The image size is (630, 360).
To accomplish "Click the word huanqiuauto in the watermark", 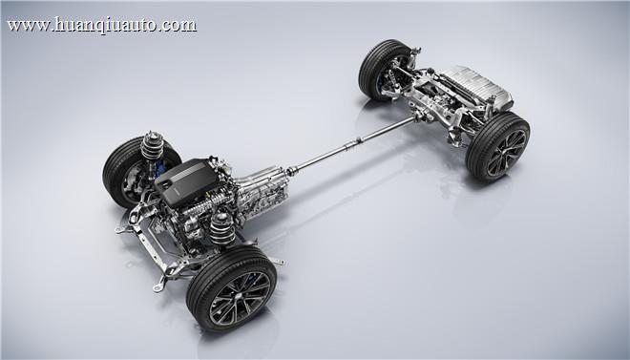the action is [104, 25].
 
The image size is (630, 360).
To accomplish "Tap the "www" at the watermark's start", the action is [28, 26].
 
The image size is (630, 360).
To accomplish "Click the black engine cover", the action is [186, 181].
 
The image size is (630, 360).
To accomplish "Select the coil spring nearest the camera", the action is [222, 228].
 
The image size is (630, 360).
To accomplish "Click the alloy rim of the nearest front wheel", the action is [240, 298].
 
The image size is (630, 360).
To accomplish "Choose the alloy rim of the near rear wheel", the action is [507, 153].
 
